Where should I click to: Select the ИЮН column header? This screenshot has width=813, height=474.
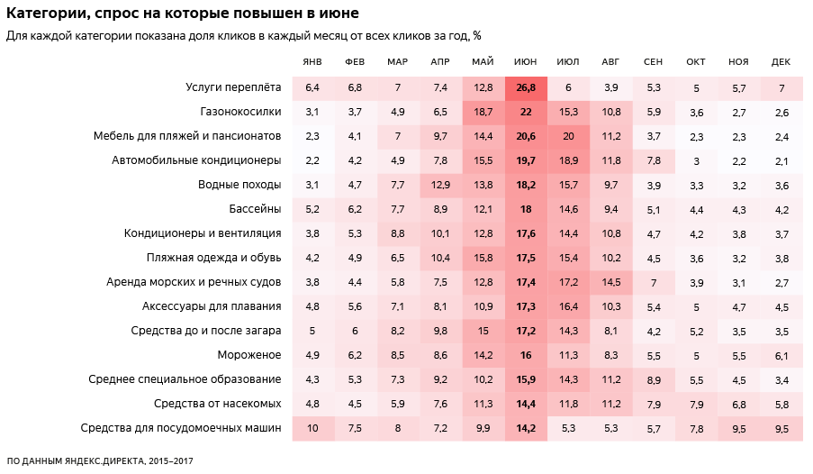point(526,61)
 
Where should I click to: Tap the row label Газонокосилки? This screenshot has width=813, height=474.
point(240,112)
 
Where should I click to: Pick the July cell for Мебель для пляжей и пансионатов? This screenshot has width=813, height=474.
point(568,136)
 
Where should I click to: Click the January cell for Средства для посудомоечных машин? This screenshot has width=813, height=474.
point(312,428)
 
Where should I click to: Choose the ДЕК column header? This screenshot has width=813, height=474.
point(781,61)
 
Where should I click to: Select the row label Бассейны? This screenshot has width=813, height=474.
point(256,209)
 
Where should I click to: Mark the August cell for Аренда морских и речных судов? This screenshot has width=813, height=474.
point(611,282)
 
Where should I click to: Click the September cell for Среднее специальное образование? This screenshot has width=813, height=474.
point(654,379)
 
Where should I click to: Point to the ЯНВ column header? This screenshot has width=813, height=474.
point(312,61)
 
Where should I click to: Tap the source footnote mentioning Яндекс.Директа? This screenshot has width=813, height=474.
point(100,460)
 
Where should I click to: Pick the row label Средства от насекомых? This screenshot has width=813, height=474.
point(218,404)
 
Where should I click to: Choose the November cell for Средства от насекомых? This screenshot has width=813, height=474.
point(739,404)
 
